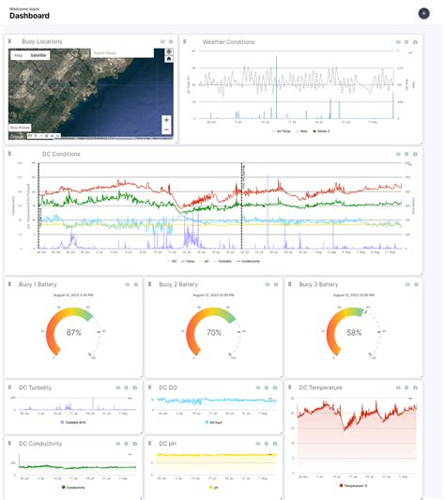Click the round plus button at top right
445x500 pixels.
pyautogui.click(x=423, y=13)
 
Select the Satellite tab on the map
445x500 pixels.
pyautogui.click(x=38, y=55)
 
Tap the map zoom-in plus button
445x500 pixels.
pyautogui.click(x=166, y=120)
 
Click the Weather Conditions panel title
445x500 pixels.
pyautogui.click(x=228, y=42)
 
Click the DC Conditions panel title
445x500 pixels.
pyautogui.click(x=37, y=154)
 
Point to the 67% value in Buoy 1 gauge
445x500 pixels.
pyautogui.click(x=73, y=332)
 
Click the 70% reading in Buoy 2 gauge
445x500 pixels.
pyautogui.click(x=213, y=332)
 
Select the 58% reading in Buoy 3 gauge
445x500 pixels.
pyautogui.click(x=354, y=332)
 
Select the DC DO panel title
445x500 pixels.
pyautogui.click(x=168, y=386)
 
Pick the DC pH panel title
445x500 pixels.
pyautogui.click(x=168, y=443)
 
